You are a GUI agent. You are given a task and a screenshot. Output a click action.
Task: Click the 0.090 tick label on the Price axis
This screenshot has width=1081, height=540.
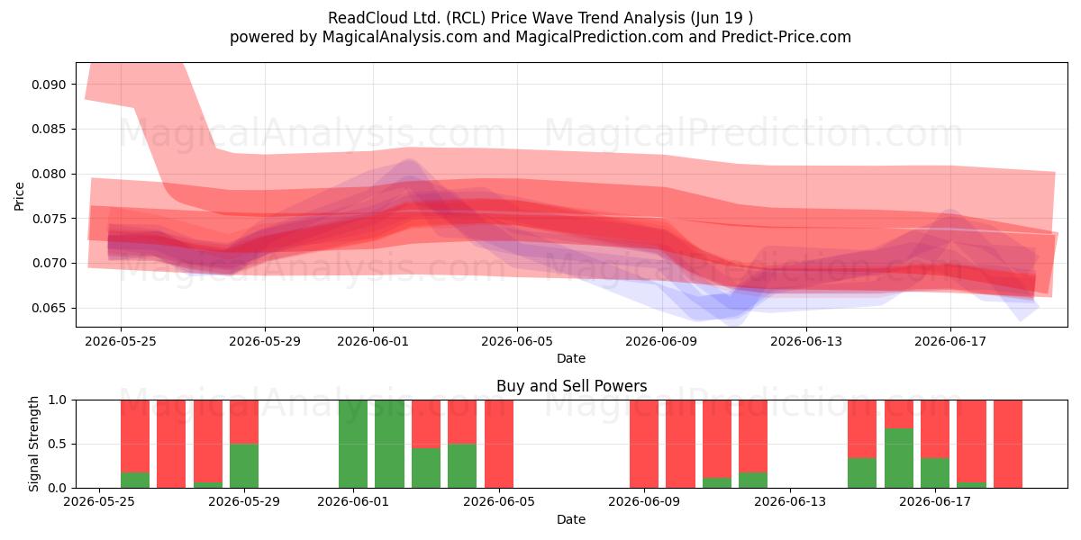[x=49, y=85]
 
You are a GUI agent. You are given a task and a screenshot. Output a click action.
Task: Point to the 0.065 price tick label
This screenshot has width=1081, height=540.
[x=49, y=308]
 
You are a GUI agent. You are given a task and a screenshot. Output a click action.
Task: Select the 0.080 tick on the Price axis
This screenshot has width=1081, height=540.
[x=49, y=174]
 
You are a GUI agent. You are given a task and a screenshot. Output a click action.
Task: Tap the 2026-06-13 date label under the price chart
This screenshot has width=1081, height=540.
[x=806, y=341]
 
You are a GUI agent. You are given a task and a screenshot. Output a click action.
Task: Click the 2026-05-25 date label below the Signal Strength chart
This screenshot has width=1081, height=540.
[x=99, y=502]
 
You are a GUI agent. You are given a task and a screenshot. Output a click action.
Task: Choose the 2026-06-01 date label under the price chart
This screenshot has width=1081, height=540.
[x=373, y=341]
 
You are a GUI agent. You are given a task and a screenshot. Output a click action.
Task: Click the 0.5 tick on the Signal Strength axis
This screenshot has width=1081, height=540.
[x=58, y=444]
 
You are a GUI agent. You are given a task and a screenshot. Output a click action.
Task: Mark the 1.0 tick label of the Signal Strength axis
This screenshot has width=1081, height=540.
[x=58, y=400]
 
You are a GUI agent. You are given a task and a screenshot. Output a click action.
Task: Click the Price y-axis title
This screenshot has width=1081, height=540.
[x=19, y=196]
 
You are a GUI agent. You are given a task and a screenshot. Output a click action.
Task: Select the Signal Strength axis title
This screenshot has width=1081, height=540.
[x=33, y=444]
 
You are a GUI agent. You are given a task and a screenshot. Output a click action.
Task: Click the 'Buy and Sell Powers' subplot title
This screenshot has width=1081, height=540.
[x=571, y=386]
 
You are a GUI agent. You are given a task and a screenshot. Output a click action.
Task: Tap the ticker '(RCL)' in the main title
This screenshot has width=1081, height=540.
[x=466, y=18]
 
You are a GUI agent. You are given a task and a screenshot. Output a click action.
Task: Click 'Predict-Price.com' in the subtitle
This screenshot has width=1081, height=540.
[x=786, y=37]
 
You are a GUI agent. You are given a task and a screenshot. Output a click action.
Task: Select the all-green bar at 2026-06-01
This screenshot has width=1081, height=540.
[x=353, y=444]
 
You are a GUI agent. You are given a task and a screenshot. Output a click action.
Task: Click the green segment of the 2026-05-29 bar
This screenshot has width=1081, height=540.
[x=244, y=466]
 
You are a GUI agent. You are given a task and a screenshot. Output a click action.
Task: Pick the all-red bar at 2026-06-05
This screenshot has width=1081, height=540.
[x=499, y=444]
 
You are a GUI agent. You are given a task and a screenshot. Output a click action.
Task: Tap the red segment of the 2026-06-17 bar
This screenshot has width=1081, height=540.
[x=935, y=429]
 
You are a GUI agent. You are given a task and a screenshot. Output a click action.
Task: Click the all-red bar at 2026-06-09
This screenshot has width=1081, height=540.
[x=644, y=444]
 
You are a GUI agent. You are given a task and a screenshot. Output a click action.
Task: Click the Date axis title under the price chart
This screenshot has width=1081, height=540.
[x=571, y=358]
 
